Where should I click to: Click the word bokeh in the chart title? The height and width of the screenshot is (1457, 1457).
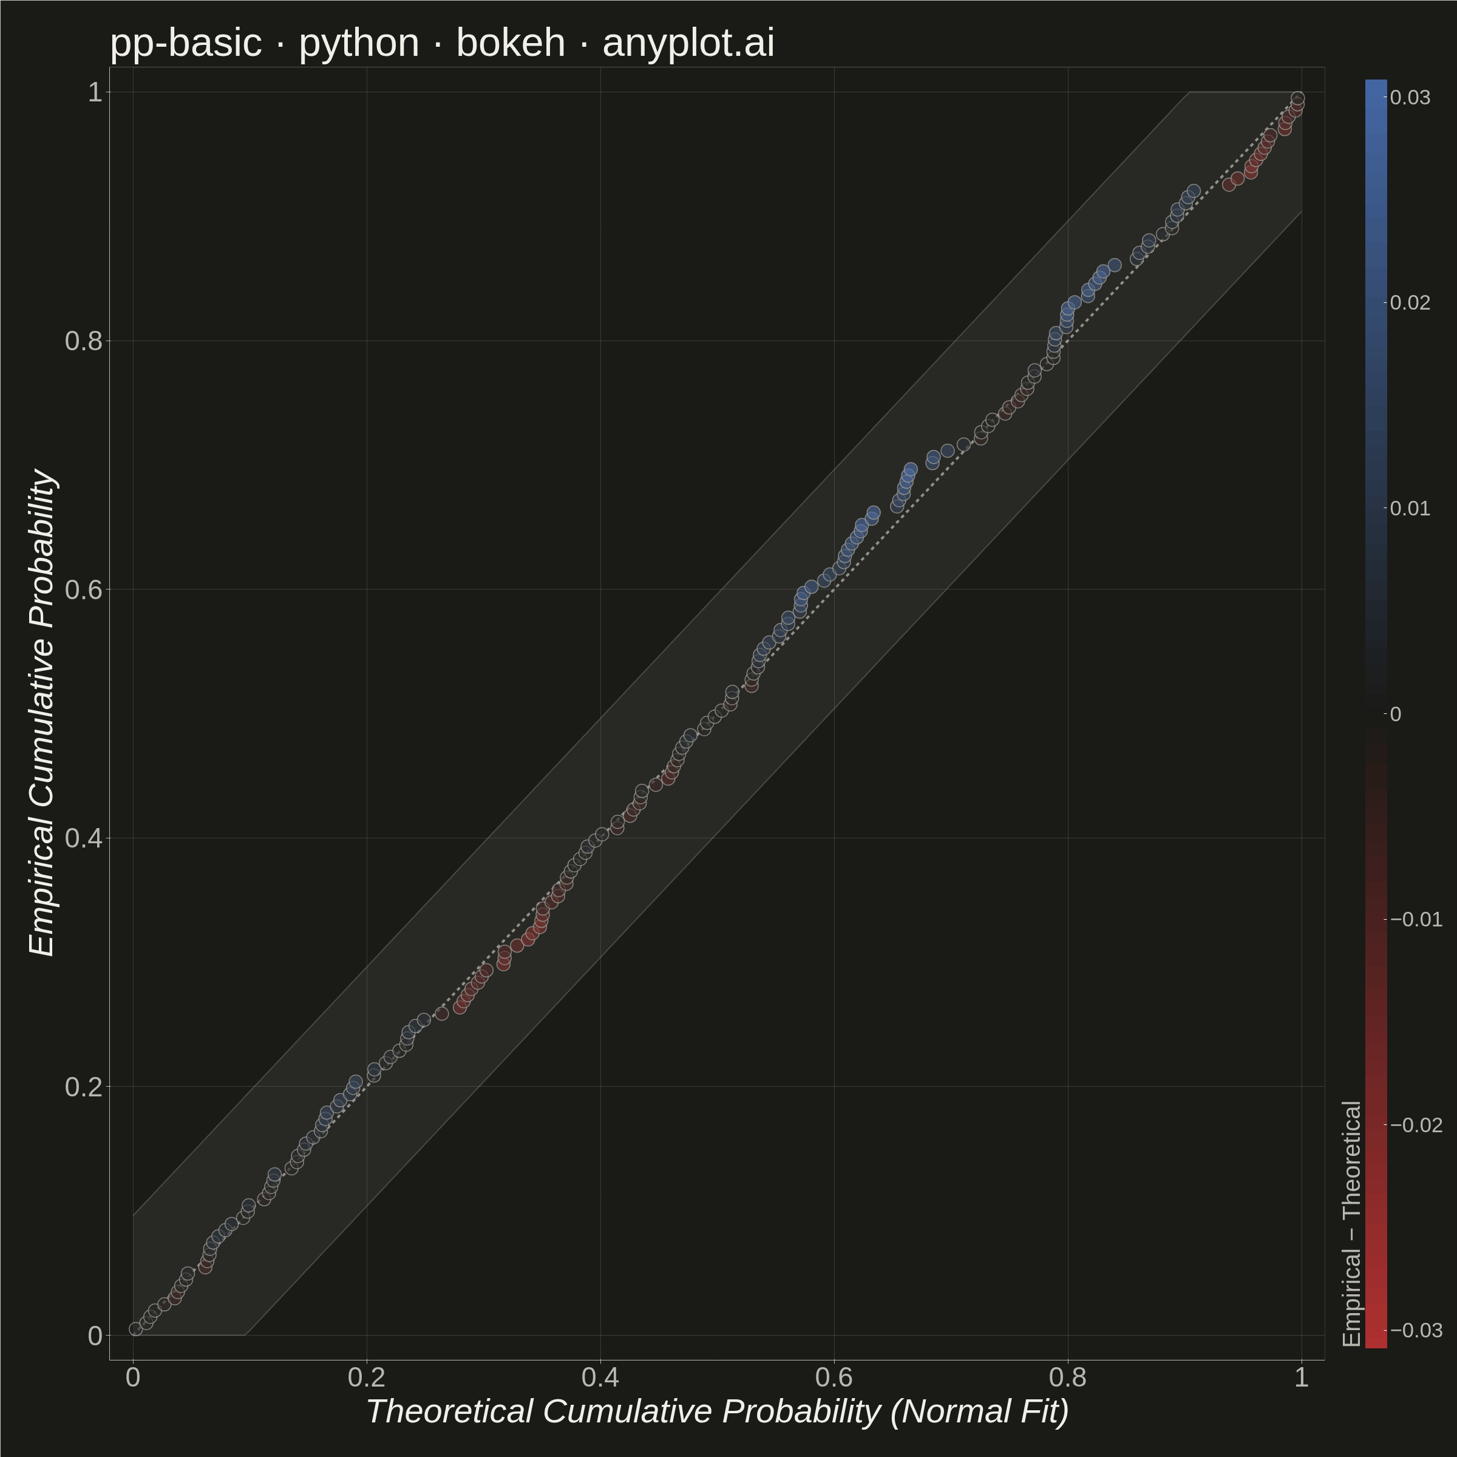coord(511,42)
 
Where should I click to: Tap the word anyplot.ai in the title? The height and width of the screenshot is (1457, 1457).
coord(688,43)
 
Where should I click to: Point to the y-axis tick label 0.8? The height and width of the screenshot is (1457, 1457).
coord(84,341)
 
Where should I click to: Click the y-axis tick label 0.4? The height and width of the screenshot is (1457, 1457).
coord(84,838)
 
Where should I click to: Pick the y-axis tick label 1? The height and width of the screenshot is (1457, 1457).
coord(95,92)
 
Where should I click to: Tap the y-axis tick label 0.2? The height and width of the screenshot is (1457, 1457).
coord(84,1087)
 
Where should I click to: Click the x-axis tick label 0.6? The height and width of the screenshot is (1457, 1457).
coord(834,1377)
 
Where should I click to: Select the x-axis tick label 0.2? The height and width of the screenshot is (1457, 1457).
coord(367,1377)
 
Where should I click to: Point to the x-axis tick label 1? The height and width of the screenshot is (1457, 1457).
coord(1302,1377)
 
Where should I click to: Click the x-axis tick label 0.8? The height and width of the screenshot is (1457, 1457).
coord(1068,1377)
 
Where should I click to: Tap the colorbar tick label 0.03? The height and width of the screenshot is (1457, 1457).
coord(1410,97)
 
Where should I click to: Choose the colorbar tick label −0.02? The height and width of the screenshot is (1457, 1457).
coord(1416,1124)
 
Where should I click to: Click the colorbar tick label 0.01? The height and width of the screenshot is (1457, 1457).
coord(1410,508)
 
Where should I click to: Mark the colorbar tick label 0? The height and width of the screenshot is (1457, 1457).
coord(1395,713)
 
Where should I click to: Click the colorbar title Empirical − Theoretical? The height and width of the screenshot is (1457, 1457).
coord(1352,1223)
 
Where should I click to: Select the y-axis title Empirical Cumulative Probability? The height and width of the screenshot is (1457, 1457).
coord(42,713)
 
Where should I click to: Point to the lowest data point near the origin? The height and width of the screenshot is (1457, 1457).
coord(136,1329)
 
